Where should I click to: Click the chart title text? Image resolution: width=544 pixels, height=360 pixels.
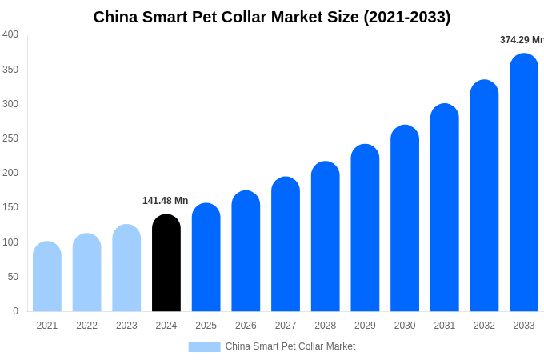tap(272, 17)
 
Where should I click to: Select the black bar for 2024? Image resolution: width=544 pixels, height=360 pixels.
tap(166, 264)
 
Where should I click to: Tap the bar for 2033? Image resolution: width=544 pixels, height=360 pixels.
tap(524, 184)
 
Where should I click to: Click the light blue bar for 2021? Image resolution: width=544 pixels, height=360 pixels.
tap(47, 277)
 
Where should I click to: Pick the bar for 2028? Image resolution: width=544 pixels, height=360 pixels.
tap(326, 238)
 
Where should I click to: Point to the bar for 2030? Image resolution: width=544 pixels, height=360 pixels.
tap(405, 219)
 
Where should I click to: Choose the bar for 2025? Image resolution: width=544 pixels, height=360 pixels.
tap(206, 258)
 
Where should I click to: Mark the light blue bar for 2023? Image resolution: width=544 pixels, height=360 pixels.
tap(126, 269)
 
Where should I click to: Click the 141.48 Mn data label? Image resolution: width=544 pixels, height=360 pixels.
tap(165, 201)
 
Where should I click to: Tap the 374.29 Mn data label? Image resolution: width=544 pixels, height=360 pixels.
tap(522, 40)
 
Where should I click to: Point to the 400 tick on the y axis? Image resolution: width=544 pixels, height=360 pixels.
tap(10, 34)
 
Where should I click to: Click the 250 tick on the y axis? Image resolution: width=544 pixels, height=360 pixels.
tap(10, 138)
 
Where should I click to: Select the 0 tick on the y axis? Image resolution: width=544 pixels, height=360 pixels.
tap(15, 311)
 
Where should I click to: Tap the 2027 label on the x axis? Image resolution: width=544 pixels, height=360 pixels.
tap(286, 326)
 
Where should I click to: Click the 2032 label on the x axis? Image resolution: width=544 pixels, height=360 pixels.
tap(484, 326)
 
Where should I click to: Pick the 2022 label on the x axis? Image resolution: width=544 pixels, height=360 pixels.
tap(86, 326)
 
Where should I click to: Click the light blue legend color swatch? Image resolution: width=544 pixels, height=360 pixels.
tap(204, 347)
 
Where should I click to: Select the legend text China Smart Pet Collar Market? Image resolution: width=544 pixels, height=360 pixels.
tap(290, 346)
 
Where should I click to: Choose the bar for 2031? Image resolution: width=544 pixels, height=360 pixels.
tap(445, 209)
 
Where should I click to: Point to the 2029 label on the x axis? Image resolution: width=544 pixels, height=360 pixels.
tap(365, 326)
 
